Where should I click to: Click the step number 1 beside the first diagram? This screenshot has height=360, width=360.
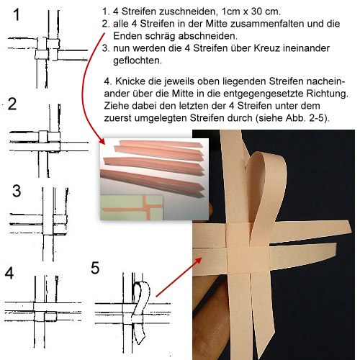point(17,14)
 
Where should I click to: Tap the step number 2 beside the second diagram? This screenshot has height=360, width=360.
point(12,104)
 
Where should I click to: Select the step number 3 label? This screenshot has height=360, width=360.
point(17,191)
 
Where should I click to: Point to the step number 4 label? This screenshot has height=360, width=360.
point(9,273)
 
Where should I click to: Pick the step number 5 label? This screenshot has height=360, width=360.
point(95,268)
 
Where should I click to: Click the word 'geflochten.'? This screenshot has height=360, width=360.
point(138,60)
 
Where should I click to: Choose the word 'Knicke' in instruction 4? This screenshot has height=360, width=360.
point(130,81)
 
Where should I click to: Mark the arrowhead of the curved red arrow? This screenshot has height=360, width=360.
point(102,141)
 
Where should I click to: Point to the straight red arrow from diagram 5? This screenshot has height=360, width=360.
point(179,277)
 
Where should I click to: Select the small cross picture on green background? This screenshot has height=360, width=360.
point(132,207)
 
